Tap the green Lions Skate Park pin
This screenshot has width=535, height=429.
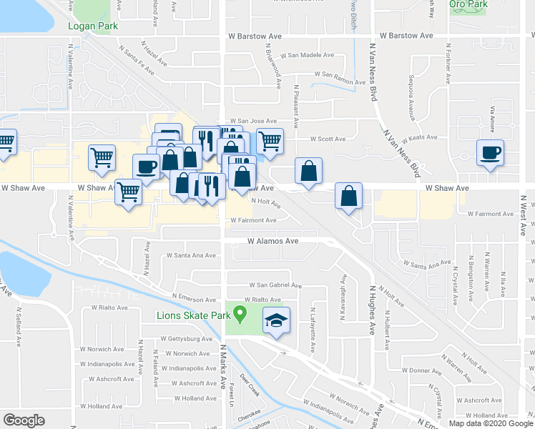click(x=240, y=312)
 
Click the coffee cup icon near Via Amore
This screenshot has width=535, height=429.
click(x=490, y=153)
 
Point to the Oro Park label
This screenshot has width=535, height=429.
click(x=468, y=4)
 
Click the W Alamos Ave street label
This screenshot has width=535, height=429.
click(x=273, y=242)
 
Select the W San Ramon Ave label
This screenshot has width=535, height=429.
click(x=323, y=74)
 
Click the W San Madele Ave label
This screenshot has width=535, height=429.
click(x=307, y=55)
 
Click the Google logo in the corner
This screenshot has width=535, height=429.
click(x=24, y=420)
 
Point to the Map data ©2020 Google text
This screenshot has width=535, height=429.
click(x=491, y=423)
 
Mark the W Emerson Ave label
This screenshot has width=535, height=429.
click(x=195, y=300)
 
